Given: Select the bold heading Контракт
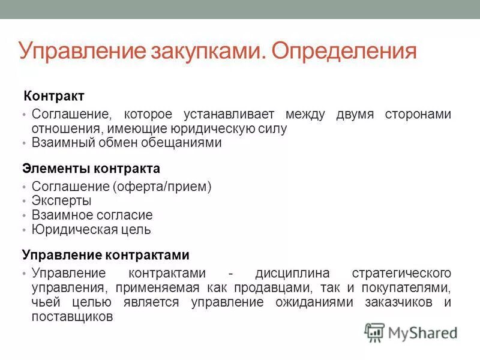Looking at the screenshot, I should (x=53, y=96).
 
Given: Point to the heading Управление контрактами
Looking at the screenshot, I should (x=106, y=255).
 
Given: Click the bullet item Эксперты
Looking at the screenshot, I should (x=61, y=201).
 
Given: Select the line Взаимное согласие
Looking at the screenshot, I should (x=92, y=215).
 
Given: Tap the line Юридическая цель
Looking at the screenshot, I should (x=91, y=229).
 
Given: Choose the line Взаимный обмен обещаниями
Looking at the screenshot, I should (x=127, y=143).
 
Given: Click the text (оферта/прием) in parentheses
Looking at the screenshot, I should (x=161, y=187).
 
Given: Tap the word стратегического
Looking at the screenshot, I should (x=401, y=273).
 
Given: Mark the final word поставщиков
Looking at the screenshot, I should (x=72, y=316).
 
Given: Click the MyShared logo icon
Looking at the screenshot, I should (x=374, y=332).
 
